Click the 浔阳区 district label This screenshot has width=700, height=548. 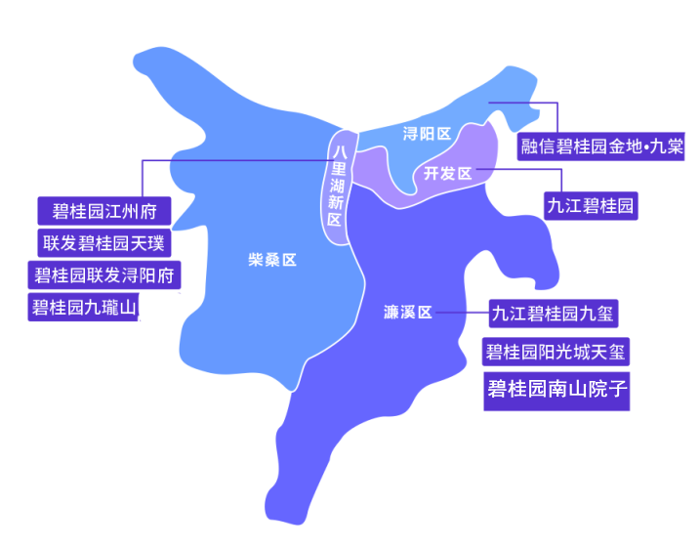tap(427, 134)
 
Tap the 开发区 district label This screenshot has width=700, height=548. tap(447, 174)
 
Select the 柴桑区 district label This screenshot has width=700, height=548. tap(272, 260)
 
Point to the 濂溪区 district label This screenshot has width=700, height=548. tap(407, 313)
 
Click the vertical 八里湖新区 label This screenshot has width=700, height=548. tap(337, 185)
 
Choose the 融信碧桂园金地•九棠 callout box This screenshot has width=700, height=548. tap(601, 148)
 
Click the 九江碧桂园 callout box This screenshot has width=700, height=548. tap(591, 205)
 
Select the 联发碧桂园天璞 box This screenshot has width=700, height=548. tap(104, 242)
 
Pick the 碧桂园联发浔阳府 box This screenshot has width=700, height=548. tap(104, 274)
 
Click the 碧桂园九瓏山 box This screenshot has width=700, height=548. tap(85, 307)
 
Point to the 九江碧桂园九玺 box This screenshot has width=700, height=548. tap(555, 314)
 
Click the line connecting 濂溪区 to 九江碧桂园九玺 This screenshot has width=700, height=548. tap(461, 314)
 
